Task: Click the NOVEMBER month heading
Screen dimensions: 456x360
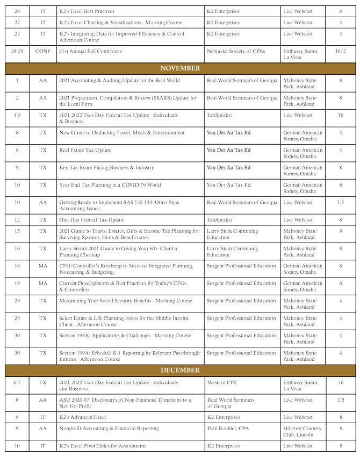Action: (x=180, y=68)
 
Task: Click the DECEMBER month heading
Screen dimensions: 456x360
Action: (x=180, y=370)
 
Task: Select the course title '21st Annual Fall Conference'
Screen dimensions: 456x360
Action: (x=91, y=51)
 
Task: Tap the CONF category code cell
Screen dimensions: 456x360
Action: (x=43, y=51)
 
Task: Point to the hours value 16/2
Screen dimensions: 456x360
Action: (x=340, y=51)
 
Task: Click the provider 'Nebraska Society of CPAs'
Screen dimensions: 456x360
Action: (x=234, y=51)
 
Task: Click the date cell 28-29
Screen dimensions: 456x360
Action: (x=17, y=51)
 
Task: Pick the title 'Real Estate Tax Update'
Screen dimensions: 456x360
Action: (x=85, y=150)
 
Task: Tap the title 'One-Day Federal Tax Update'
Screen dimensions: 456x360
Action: (x=92, y=220)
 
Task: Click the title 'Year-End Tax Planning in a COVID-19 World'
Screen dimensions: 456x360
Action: (x=110, y=185)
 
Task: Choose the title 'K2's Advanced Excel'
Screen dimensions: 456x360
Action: (x=83, y=417)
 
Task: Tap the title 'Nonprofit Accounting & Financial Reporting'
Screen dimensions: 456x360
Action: (x=109, y=429)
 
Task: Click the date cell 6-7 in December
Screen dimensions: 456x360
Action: (x=17, y=382)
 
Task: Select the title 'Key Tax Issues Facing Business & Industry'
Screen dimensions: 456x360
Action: (x=107, y=168)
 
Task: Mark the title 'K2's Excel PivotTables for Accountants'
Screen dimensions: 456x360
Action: (x=103, y=446)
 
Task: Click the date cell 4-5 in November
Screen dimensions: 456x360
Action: (x=17, y=115)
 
